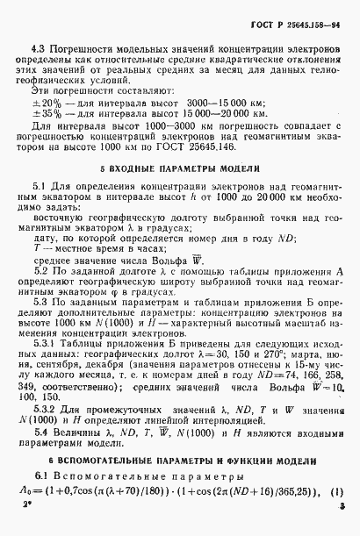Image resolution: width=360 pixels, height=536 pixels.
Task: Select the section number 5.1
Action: pos(38,187)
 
